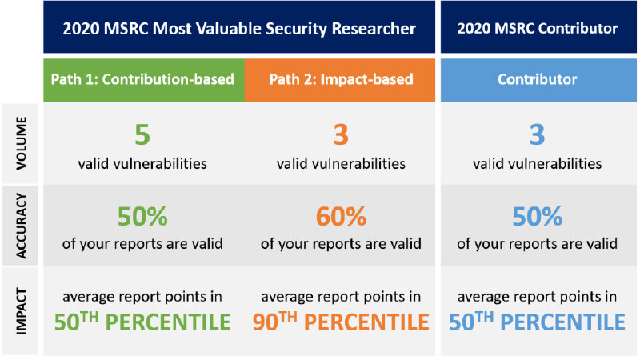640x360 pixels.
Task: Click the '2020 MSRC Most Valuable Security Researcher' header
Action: (240, 28)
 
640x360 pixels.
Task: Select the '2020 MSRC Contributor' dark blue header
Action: (538, 28)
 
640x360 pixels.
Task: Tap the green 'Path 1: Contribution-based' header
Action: (142, 80)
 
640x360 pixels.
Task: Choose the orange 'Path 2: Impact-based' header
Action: (342, 80)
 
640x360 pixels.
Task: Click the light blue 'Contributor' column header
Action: (538, 80)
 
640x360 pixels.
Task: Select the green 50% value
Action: (142, 217)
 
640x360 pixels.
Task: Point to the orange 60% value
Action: (342, 217)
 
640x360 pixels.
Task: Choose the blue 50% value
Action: (538, 217)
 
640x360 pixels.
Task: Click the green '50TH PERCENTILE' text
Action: (142, 322)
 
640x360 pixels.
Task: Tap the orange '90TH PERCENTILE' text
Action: (342, 322)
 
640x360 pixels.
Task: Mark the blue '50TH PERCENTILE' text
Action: (538, 322)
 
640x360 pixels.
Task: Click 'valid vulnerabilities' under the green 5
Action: (142, 164)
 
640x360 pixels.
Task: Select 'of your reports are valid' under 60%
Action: (342, 244)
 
